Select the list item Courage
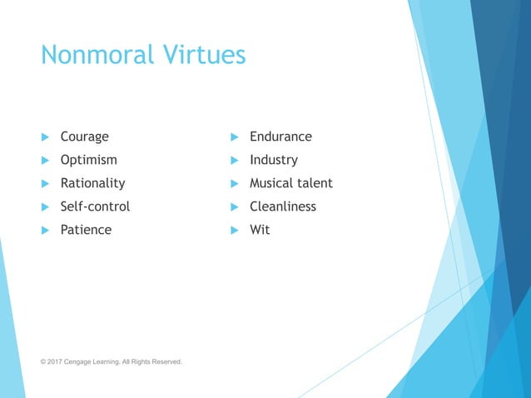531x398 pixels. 84,137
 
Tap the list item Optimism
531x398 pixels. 88,160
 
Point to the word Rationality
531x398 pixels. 92,183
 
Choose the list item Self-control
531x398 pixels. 95,206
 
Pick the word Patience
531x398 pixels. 86,230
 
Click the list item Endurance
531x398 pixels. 280,137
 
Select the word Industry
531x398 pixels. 273,160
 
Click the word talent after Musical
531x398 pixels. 317,183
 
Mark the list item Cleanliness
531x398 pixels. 283,206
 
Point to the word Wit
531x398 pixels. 260,230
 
